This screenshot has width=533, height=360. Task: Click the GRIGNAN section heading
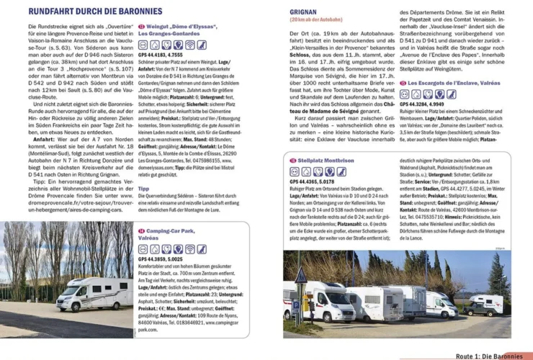(304, 12)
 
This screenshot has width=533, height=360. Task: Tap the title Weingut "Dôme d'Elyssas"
(176, 26)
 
